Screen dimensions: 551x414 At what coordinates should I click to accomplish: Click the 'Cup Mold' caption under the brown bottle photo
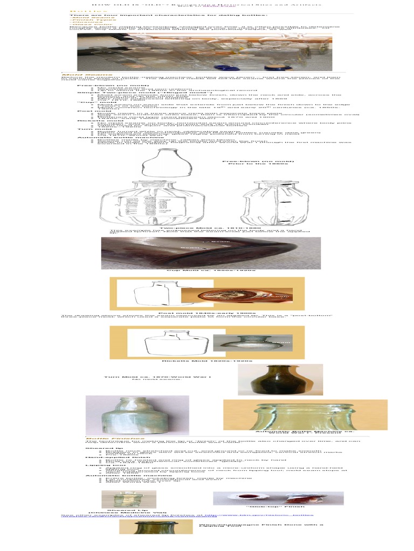click(x=211, y=270)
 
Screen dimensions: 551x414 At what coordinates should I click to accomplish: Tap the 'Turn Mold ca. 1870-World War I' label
click(x=157, y=377)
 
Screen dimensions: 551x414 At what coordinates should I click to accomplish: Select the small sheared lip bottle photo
click(x=129, y=499)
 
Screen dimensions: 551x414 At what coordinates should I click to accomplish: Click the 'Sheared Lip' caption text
click(x=125, y=510)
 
